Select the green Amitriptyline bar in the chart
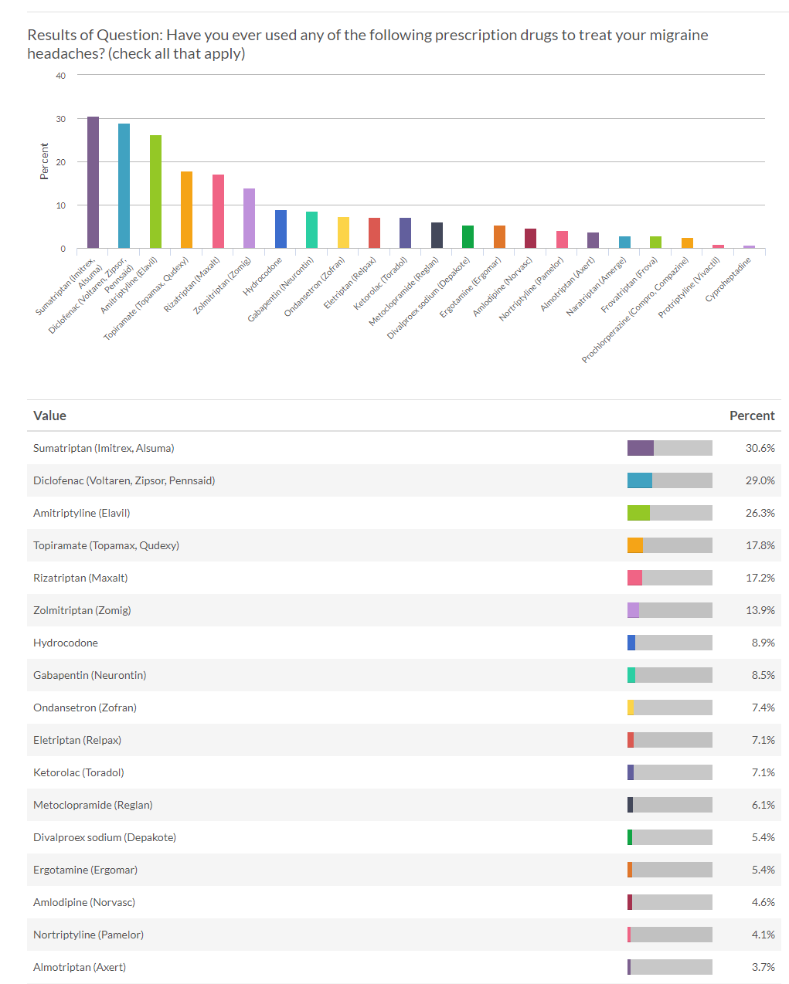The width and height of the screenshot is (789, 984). (155, 192)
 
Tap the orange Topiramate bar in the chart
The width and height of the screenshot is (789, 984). (186, 210)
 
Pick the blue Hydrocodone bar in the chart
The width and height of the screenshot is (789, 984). (281, 229)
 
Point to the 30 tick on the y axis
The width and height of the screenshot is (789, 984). (61, 119)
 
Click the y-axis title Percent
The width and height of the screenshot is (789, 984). (44, 161)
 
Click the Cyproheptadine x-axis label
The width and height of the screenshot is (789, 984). (729, 279)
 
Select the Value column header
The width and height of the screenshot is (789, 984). (49, 416)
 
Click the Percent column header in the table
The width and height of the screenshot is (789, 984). (751, 416)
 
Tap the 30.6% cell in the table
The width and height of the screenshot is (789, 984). (760, 448)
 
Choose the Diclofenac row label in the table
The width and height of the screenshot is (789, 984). (124, 480)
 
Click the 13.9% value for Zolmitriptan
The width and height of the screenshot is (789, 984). (760, 610)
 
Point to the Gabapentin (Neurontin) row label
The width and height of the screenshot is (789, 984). (90, 675)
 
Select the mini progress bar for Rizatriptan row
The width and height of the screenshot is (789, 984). (669, 578)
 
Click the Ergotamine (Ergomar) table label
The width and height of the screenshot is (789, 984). (85, 870)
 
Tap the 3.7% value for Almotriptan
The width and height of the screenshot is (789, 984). (762, 967)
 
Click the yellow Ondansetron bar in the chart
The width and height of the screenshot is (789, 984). (343, 232)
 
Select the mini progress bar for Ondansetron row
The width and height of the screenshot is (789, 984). (669, 707)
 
